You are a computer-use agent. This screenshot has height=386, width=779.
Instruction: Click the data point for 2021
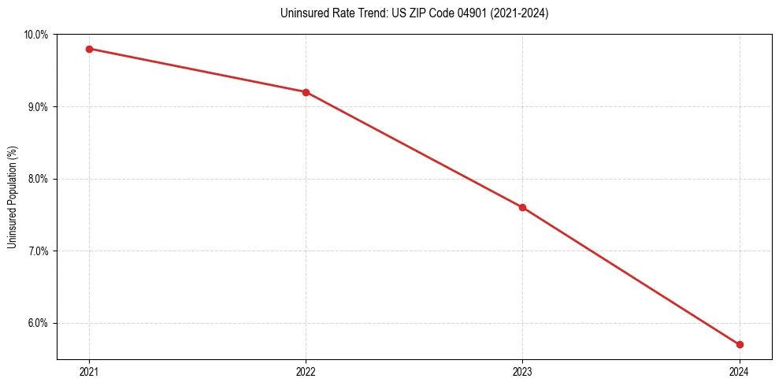(89, 49)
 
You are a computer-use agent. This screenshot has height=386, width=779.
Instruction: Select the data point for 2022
(306, 92)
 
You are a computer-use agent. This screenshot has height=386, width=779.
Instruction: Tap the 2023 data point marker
(522, 207)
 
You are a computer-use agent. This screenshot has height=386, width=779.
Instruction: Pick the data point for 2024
(740, 344)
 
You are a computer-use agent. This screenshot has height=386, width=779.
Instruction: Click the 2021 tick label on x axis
(89, 371)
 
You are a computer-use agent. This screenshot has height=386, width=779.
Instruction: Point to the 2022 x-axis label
(306, 371)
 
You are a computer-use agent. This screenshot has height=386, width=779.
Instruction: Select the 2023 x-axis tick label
(522, 371)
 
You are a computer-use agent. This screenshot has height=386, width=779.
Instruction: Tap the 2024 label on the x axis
(740, 371)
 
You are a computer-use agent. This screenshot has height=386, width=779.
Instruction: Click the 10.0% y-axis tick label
(36, 35)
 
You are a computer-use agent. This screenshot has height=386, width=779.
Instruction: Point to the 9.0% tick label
(38, 106)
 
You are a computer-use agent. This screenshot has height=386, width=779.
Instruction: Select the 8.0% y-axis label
(38, 179)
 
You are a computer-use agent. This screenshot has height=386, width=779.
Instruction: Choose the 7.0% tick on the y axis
(38, 251)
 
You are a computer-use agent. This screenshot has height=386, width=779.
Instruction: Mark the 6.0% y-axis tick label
(38, 323)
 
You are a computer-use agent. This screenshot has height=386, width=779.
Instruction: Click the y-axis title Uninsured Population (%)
(12, 197)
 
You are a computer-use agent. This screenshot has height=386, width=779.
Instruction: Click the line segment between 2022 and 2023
(414, 150)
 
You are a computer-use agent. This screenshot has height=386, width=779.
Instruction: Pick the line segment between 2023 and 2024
(631, 276)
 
